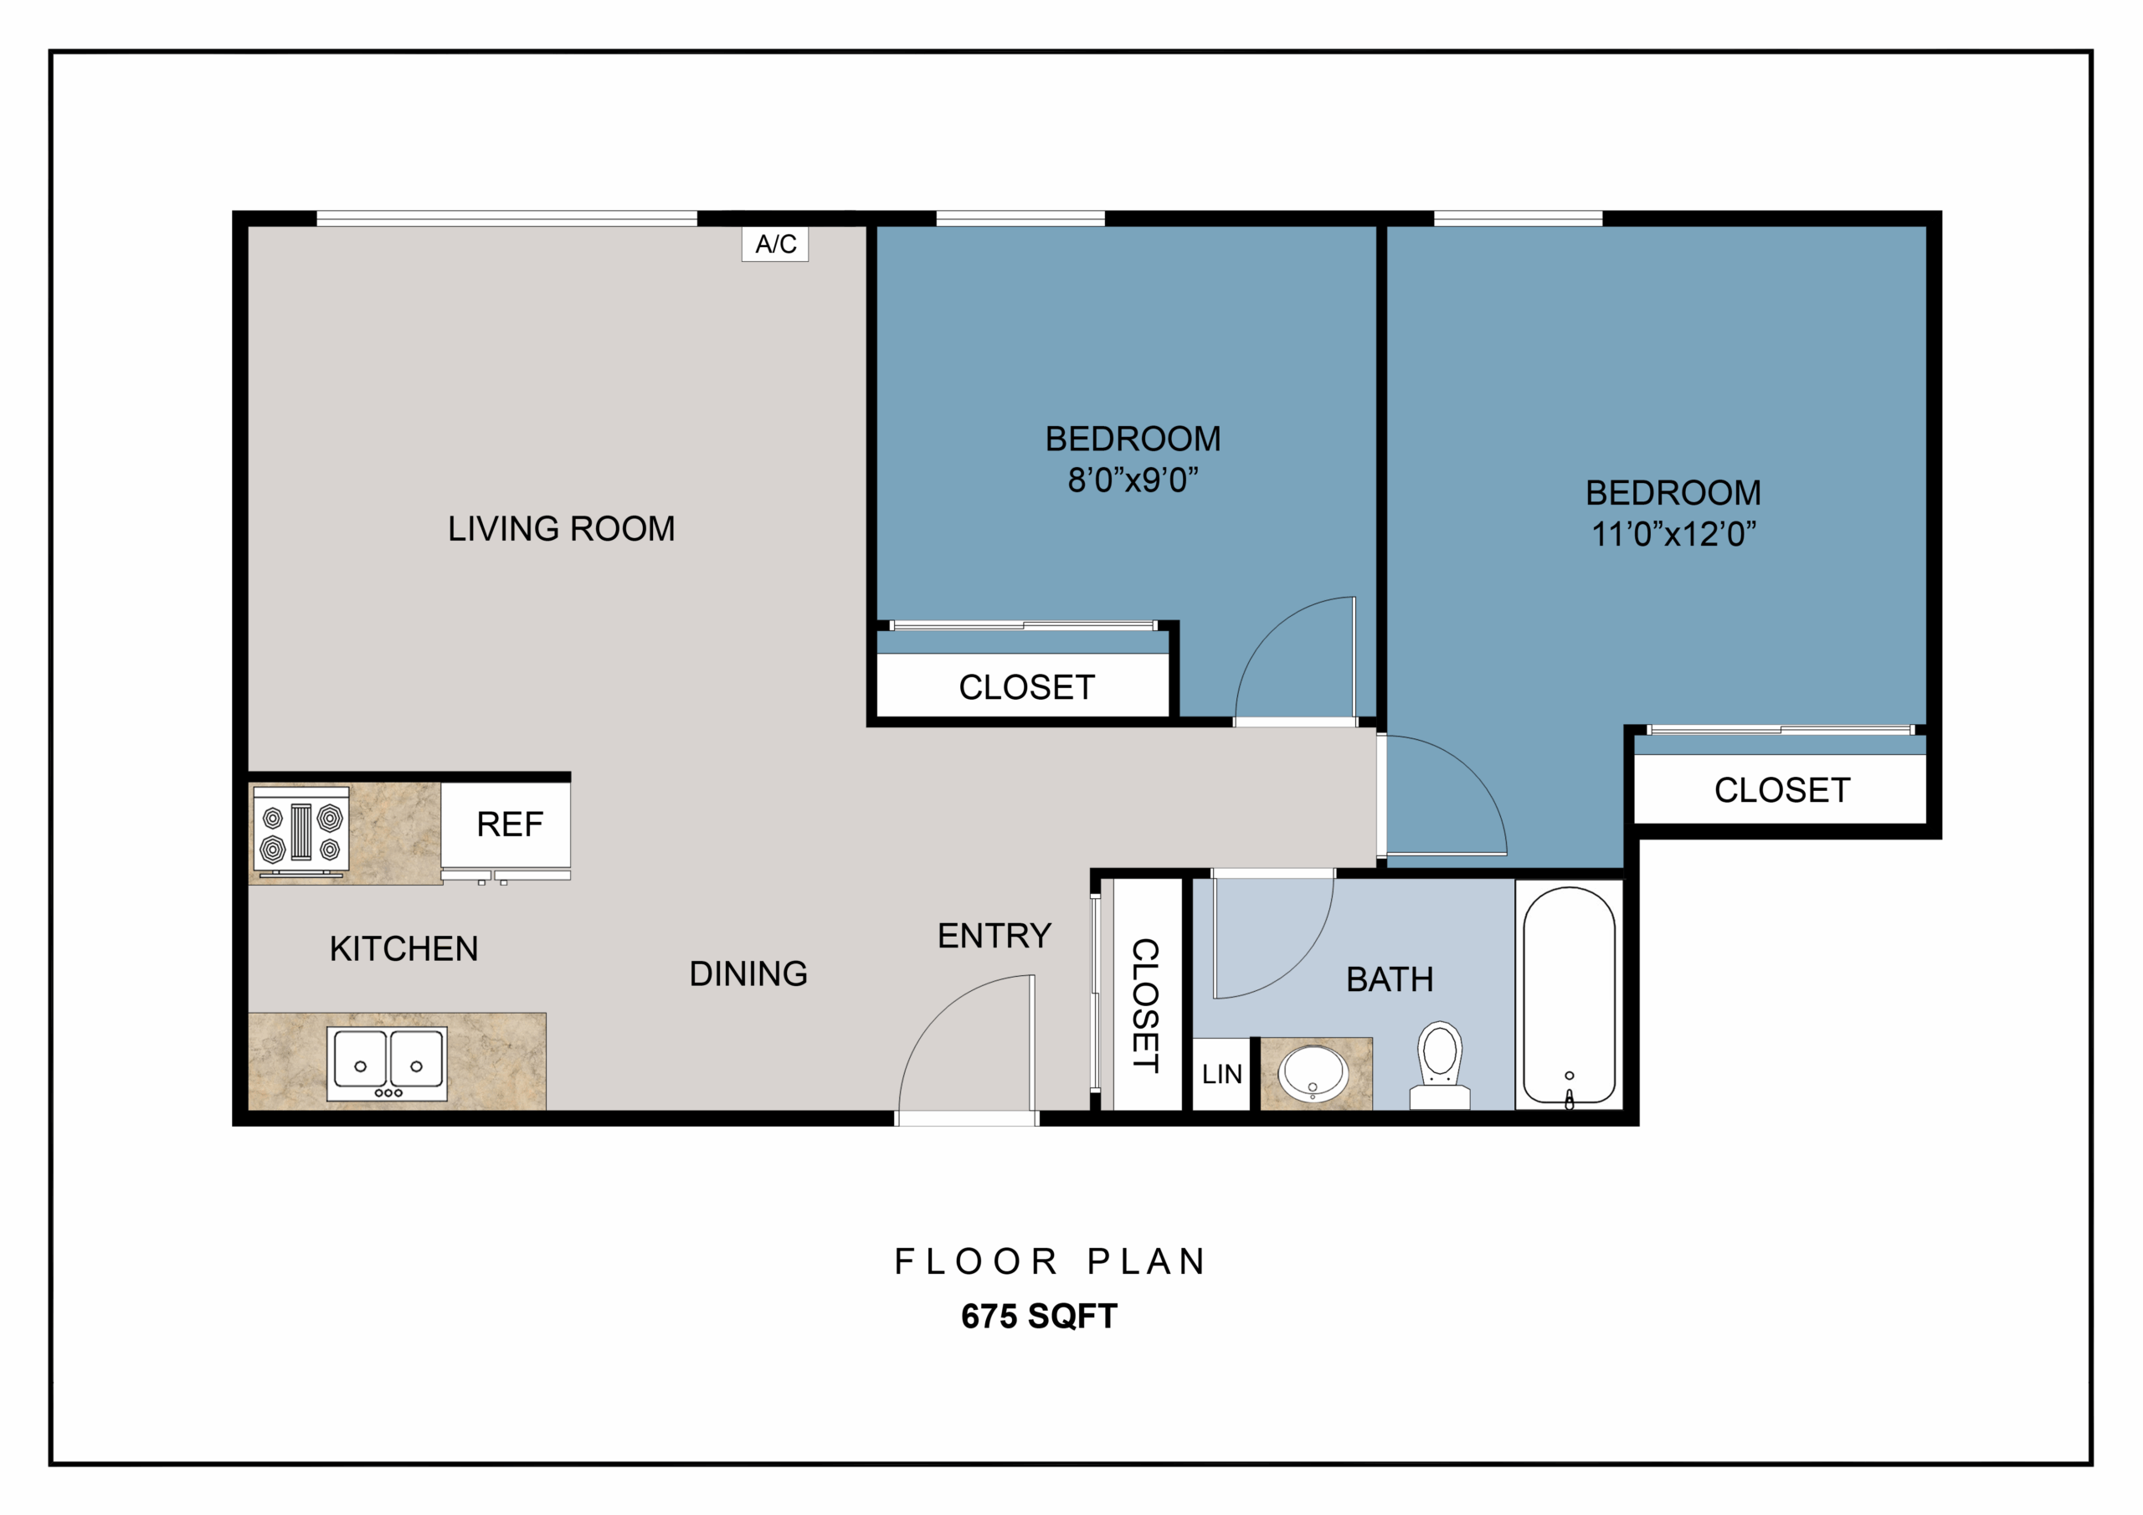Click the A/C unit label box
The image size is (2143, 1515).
click(774, 244)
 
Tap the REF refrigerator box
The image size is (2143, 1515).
click(506, 825)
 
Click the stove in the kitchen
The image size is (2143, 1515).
click(301, 832)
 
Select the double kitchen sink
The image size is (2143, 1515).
click(388, 1063)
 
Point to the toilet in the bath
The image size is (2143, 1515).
click(1440, 1065)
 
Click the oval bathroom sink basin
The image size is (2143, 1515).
click(1313, 1074)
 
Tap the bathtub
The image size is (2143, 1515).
click(1569, 995)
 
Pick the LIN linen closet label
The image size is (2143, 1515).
click(1222, 1075)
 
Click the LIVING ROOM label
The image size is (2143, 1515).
click(561, 529)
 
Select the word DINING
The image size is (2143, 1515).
click(748, 973)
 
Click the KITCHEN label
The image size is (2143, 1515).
click(404, 949)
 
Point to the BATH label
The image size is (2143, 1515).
click(1390, 980)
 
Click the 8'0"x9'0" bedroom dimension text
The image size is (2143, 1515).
click(1133, 480)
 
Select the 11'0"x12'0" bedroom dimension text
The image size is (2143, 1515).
click(1673, 534)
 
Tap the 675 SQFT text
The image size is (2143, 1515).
click(1039, 1316)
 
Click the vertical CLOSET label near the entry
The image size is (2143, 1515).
click(1146, 1005)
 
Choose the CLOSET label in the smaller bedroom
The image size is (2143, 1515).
click(1026, 688)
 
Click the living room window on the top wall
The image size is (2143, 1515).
click(506, 218)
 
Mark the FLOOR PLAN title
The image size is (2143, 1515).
click(1051, 1262)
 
